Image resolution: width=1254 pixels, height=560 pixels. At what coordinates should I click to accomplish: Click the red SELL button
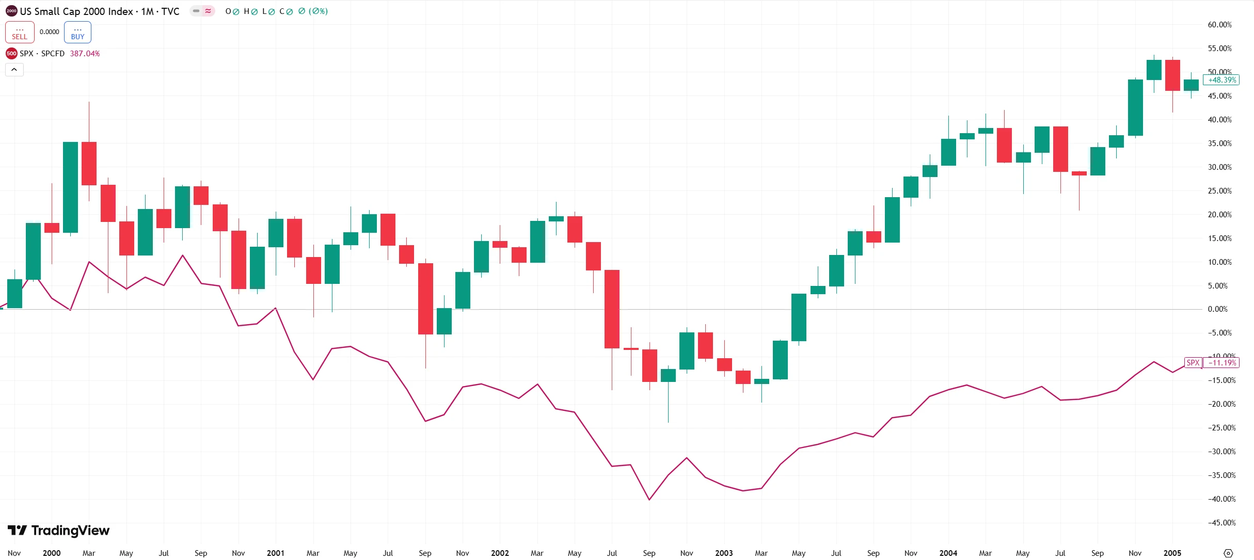coord(20,33)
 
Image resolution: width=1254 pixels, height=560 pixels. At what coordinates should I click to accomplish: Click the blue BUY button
coord(77,33)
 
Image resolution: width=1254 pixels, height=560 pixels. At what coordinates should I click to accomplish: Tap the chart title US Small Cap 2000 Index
coord(76,11)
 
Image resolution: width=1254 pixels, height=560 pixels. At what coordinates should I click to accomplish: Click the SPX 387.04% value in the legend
coord(85,54)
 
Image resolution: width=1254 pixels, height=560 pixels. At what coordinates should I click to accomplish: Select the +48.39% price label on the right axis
coord(1221,80)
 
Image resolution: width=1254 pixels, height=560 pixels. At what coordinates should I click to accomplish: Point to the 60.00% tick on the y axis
coord(1219,25)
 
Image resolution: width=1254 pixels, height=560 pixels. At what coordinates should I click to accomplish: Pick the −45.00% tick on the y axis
coord(1221,523)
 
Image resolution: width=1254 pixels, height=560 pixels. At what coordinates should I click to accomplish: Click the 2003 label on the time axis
coord(724,553)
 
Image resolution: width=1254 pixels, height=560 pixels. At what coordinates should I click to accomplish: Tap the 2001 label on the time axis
coord(276,553)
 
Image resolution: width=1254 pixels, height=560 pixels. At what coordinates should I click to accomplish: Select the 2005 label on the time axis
coord(1172,553)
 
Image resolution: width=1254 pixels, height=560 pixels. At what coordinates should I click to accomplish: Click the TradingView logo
coord(59,531)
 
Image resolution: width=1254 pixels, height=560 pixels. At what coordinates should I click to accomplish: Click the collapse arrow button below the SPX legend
coord(14,70)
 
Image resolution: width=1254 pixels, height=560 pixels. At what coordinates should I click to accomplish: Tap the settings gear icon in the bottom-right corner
coord(1229,553)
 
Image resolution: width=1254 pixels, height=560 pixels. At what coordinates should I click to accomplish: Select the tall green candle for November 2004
coord(1135,107)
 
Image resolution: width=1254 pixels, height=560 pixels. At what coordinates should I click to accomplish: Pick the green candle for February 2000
coord(70,187)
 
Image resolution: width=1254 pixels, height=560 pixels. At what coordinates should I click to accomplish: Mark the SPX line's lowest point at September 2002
coord(649,500)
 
